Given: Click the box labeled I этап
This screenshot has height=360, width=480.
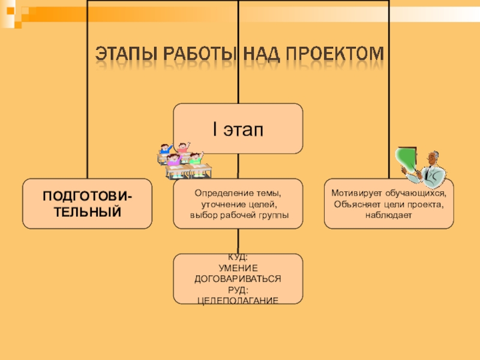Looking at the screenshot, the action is pos(238,128).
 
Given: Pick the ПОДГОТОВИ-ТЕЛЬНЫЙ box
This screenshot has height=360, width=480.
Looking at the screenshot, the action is pos(88,203).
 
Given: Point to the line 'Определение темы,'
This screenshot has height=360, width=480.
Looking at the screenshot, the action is pos(238,194).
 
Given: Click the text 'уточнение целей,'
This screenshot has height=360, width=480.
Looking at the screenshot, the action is pos(238,205).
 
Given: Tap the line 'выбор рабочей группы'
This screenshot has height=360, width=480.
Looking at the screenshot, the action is pos(238,215).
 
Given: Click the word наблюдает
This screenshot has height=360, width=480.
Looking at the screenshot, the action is pos(388,215).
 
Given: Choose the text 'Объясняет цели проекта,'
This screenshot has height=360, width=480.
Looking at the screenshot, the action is pos(388,205).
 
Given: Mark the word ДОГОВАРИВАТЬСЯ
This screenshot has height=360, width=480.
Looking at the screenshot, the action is pos(238,280).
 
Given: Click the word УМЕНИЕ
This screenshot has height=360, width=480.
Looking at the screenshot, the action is pos(238,269).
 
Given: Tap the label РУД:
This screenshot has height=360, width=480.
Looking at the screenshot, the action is pos(238,289).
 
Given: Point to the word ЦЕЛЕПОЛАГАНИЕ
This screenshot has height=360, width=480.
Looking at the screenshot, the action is pos(238,299).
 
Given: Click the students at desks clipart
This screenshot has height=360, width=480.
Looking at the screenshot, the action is pos(185,160).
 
